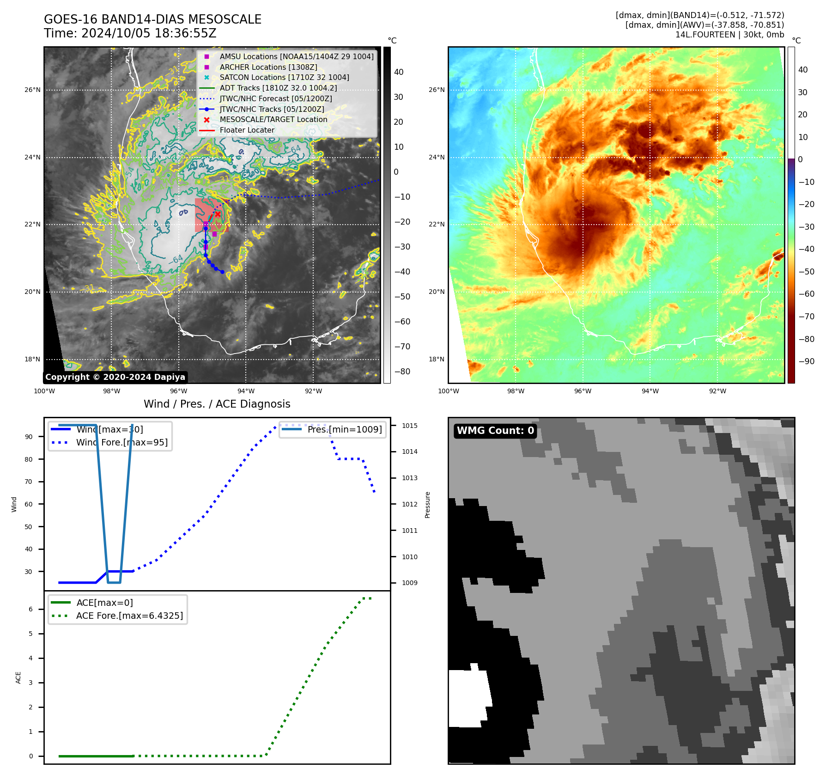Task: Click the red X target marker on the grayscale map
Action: (x=218, y=214)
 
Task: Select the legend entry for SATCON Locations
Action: (x=284, y=78)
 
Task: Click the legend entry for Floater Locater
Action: (x=247, y=130)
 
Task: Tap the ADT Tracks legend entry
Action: (x=278, y=88)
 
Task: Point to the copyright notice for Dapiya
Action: (x=115, y=377)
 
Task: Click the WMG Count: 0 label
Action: (x=495, y=431)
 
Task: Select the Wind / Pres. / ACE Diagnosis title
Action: (x=217, y=404)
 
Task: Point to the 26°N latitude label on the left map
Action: (x=32, y=90)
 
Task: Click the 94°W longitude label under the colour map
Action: (x=650, y=391)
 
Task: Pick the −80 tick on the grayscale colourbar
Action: (x=402, y=372)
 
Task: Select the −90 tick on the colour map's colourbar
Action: (x=806, y=361)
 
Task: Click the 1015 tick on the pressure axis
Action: (x=409, y=426)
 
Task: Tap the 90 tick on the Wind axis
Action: (x=29, y=437)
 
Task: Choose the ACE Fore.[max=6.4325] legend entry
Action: (x=129, y=616)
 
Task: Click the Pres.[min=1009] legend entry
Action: (x=345, y=430)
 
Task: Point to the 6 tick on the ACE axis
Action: (x=30, y=610)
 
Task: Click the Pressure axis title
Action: (x=428, y=505)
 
